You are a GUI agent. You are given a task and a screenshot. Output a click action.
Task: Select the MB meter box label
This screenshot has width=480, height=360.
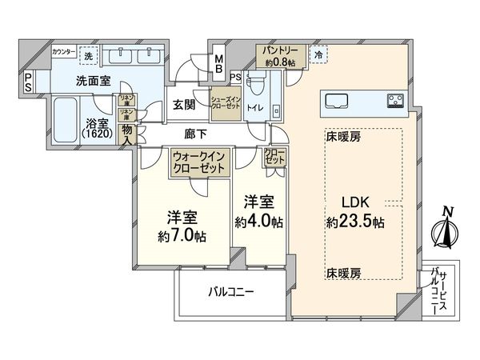pyautogui.click(x=218, y=63)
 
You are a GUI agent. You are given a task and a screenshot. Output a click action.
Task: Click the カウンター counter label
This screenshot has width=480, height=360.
pyautogui.click(x=64, y=52)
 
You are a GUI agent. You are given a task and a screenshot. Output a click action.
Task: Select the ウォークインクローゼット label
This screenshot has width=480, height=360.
pyautogui.click(x=200, y=162)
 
